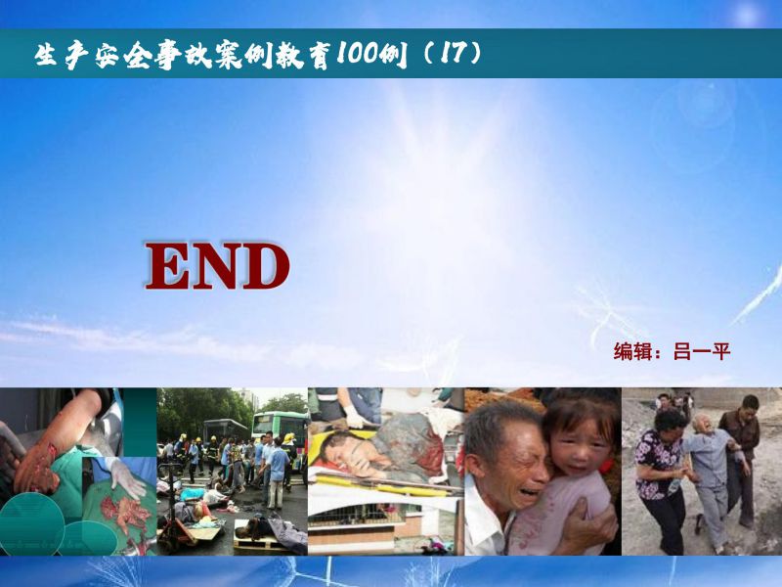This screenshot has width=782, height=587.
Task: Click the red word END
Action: coord(217,266)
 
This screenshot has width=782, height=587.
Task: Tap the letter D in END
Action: coord(265,266)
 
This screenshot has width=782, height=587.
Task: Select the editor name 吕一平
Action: coord(702,351)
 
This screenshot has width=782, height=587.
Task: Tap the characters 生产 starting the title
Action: coord(62,54)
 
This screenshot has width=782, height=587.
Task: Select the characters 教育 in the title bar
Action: coord(306,54)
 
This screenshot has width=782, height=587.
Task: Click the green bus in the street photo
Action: coord(280,429)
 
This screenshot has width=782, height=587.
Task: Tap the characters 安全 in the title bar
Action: coord(122,54)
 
